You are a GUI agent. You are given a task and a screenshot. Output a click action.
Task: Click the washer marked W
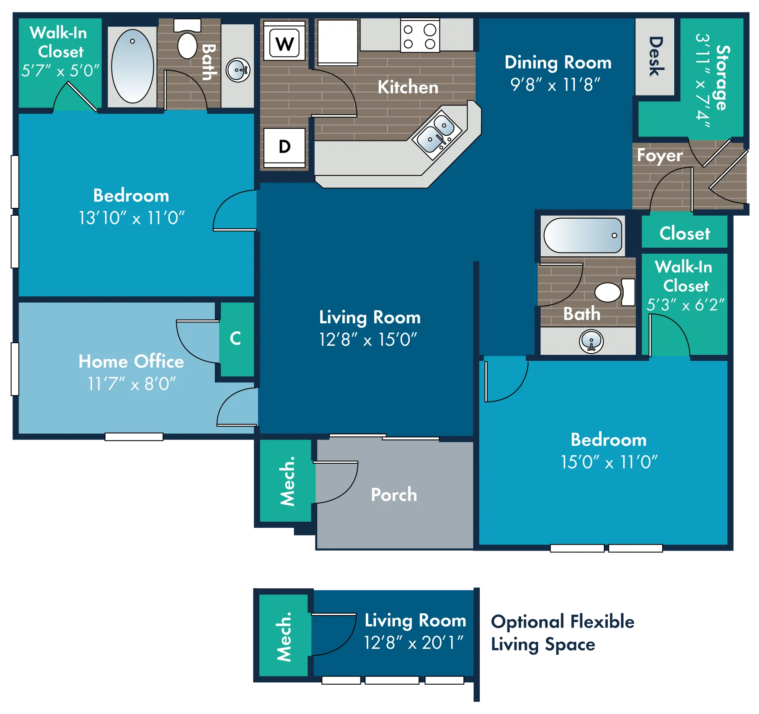[x=284, y=42]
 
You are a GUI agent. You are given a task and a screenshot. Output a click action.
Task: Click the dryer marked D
[x=284, y=147]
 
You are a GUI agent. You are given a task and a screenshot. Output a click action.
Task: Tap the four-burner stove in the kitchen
[x=420, y=35]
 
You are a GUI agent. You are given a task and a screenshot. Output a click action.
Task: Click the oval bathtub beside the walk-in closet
[x=132, y=66]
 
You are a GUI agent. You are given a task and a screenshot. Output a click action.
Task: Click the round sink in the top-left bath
[x=238, y=70]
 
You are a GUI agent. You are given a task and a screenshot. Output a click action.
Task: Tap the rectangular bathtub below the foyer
[x=583, y=235]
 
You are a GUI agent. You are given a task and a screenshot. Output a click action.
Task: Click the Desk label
[x=656, y=56]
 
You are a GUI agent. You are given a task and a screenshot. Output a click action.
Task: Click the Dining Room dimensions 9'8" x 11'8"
[x=555, y=85]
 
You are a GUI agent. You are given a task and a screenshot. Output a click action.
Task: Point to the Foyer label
[x=660, y=156]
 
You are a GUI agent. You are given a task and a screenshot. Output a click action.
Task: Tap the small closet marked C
[x=236, y=338]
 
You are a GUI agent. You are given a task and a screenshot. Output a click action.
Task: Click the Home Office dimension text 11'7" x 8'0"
[x=132, y=384]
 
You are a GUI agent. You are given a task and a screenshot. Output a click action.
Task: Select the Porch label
[x=394, y=495]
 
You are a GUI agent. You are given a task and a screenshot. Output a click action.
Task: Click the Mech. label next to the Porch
[x=287, y=481]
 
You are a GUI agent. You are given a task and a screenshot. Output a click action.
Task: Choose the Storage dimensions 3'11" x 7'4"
[x=703, y=81]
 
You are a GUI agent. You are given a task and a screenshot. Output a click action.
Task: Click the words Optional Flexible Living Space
[x=563, y=633]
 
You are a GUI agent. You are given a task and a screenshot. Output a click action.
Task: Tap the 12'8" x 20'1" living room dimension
[x=414, y=643]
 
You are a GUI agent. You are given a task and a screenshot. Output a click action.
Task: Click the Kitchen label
[x=408, y=87]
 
